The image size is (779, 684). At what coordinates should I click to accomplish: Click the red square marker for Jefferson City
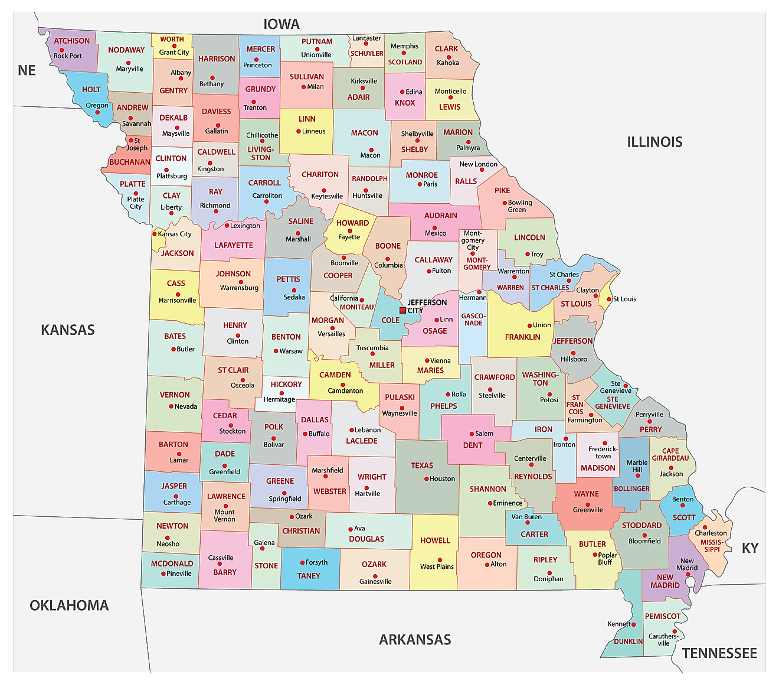click(x=402, y=310)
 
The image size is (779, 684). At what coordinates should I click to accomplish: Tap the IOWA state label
click(x=282, y=24)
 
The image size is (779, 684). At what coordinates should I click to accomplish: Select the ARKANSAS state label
click(x=415, y=640)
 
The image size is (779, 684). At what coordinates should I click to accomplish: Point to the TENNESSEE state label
click(x=719, y=653)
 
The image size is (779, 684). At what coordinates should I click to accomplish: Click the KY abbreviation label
click(x=749, y=548)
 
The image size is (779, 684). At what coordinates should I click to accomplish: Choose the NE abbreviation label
click(x=27, y=70)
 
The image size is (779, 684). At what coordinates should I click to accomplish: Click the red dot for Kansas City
click(x=155, y=234)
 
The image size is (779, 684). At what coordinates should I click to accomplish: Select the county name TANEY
click(x=309, y=576)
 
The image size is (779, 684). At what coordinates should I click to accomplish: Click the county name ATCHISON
click(x=72, y=41)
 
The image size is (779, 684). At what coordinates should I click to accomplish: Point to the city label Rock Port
click(x=68, y=56)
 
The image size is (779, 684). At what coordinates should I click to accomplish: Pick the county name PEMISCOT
click(x=663, y=616)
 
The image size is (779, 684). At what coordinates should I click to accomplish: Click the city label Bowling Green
click(x=519, y=206)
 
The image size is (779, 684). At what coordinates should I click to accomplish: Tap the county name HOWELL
click(x=435, y=540)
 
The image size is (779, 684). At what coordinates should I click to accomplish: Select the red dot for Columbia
click(x=388, y=259)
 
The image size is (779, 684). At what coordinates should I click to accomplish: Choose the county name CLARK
click(x=446, y=49)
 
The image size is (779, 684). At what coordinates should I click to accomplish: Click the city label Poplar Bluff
click(x=607, y=558)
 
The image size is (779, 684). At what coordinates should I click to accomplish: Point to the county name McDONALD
click(x=172, y=564)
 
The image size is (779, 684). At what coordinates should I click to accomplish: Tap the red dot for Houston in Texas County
click(x=426, y=479)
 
